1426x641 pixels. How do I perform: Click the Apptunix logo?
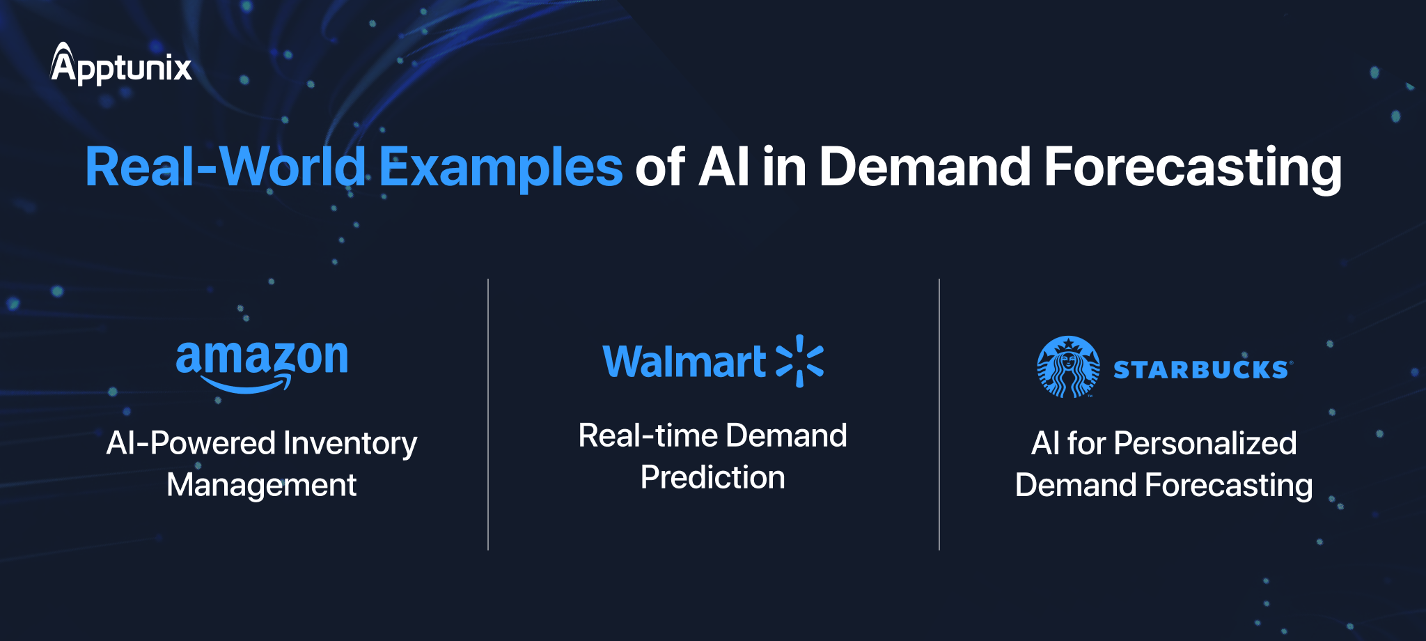(121, 65)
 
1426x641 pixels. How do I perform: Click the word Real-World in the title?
(225, 167)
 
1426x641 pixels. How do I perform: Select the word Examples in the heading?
(501, 167)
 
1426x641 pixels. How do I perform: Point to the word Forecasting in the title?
(1192, 167)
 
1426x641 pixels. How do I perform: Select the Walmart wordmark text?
(684, 362)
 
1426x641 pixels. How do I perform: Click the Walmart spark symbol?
(800, 361)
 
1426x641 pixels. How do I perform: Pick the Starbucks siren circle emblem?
(1068, 367)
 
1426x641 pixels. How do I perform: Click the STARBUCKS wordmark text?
(1201, 369)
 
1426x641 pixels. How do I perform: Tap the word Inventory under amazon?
(350, 444)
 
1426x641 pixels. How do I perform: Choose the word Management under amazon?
(262, 485)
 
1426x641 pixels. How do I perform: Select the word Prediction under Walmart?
(712, 478)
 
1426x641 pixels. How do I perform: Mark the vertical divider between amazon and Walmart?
(488, 415)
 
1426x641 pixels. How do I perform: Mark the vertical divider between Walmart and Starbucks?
(939, 415)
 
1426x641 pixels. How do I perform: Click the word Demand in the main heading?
(925, 167)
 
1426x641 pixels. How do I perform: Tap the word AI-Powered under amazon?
(191, 444)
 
